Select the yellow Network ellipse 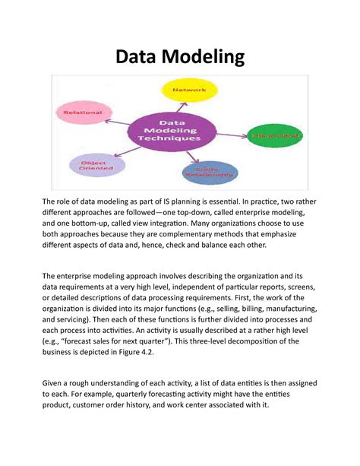click(189, 90)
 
